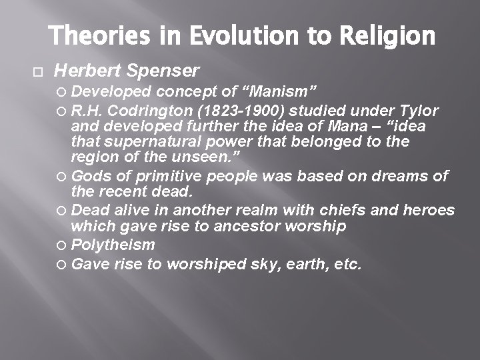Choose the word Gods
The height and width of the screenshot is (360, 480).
point(89,176)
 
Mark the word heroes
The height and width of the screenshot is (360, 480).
point(429,211)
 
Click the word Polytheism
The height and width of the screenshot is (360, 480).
point(113,245)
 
